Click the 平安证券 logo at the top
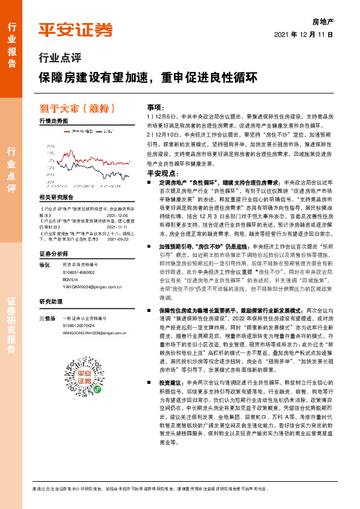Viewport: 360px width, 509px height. click(76, 30)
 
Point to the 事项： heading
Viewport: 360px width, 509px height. click(155, 106)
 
